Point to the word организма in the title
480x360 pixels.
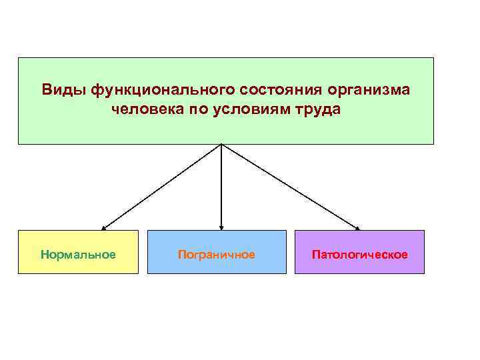pyautogui.click(x=368, y=89)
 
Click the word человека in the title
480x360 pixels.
pyautogui.click(x=144, y=109)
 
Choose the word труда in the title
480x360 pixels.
pyautogui.click(x=316, y=109)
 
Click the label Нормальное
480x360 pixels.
pyautogui.click(x=78, y=255)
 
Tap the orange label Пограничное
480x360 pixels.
pyautogui.click(x=216, y=255)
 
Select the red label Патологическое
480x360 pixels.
pyautogui.click(x=359, y=255)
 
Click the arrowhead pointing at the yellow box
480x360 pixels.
pyautogui.click(x=104, y=227)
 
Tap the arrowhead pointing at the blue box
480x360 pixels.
pyautogui.click(x=221, y=227)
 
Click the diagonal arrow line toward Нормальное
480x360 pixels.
pyautogui.click(x=162, y=187)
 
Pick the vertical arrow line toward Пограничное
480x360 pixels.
pyautogui.click(x=221, y=187)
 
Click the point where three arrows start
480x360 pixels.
pyautogui.click(x=221, y=145)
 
